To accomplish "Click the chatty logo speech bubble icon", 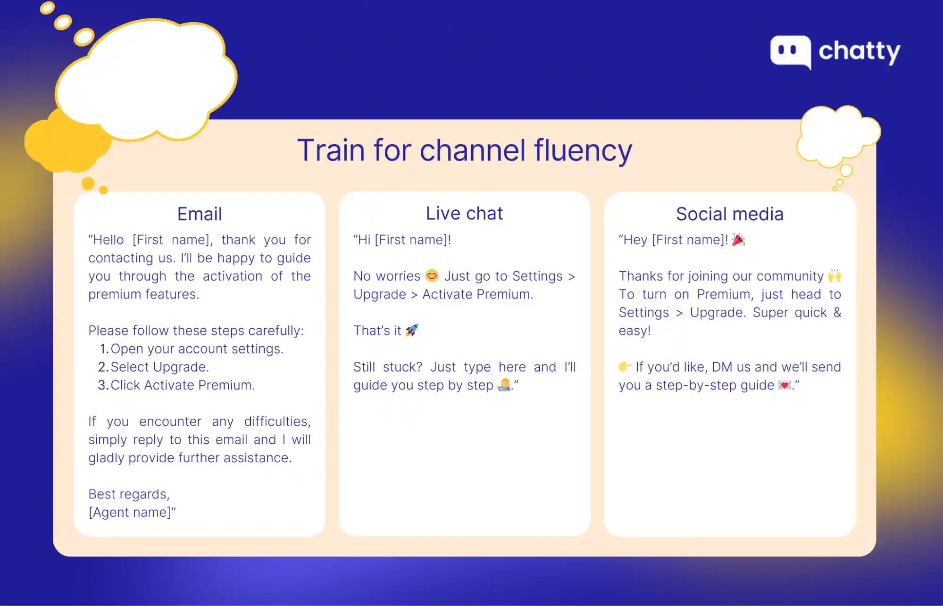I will pos(791,51).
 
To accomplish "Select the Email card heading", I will pos(200,214).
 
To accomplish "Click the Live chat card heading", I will pos(464,214).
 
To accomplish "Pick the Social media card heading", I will pos(729,214).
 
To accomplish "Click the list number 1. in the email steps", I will pos(104,349).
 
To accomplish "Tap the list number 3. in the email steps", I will pos(103,385).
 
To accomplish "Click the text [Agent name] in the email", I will pos(130,513).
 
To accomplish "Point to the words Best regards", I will pos(128,494).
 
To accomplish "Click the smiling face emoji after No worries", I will pos(432,275).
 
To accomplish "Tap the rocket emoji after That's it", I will pos(412,330).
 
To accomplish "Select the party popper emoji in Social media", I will pos(738,240).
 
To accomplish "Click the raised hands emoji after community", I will pos(835,275).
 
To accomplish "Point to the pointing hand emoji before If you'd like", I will pos(625,366).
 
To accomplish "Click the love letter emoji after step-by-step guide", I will pos(784,385).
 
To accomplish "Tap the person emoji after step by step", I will pos(504,385).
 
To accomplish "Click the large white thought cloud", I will pos(146,80).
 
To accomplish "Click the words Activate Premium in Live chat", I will pos(477,294).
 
